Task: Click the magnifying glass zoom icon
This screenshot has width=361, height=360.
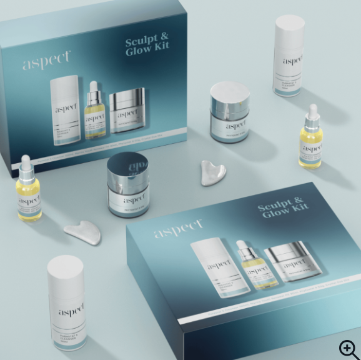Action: pyautogui.click(x=348, y=348)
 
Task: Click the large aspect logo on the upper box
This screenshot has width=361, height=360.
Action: pyautogui.click(x=47, y=61)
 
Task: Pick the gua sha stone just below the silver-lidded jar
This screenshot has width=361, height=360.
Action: pyautogui.click(x=214, y=172)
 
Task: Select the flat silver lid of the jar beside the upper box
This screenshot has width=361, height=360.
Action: pyautogui.click(x=229, y=92)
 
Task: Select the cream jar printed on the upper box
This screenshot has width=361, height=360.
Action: pyautogui.click(x=128, y=111)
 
